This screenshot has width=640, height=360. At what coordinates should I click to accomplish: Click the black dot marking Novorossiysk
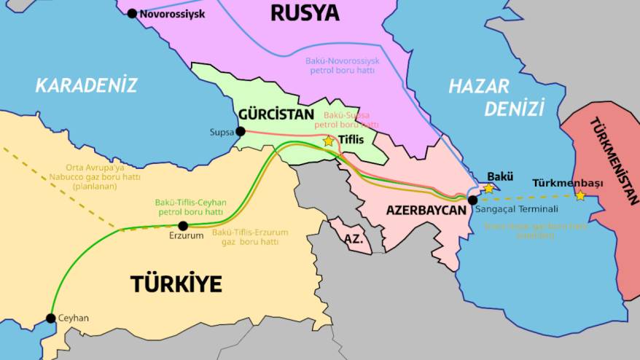click(132, 13)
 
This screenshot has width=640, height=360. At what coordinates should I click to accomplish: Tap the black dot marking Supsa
click(241, 132)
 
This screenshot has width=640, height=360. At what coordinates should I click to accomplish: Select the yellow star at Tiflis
click(329, 141)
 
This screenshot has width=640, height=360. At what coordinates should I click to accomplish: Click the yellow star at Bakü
click(489, 188)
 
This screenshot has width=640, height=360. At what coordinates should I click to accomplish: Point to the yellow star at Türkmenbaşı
click(580, 195)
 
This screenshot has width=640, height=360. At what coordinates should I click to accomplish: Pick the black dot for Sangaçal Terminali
click(472, 200)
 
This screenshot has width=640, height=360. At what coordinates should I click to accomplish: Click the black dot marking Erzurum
click(183, 226)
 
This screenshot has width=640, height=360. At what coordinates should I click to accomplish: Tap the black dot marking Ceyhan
click(50, 318)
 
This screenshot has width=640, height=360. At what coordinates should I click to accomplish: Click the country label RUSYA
click(305, 12)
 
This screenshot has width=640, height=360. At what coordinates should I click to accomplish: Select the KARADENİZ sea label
click(86, 85)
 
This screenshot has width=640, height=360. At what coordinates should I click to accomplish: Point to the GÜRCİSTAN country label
click(276, 114)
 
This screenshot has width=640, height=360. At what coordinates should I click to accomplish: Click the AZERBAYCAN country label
click(426, 209)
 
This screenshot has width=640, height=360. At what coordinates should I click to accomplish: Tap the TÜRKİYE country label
click(176, 283)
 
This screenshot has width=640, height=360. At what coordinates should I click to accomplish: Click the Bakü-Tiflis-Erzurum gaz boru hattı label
click(250, 237)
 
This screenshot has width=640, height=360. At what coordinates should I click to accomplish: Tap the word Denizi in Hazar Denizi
click(515, 109)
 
